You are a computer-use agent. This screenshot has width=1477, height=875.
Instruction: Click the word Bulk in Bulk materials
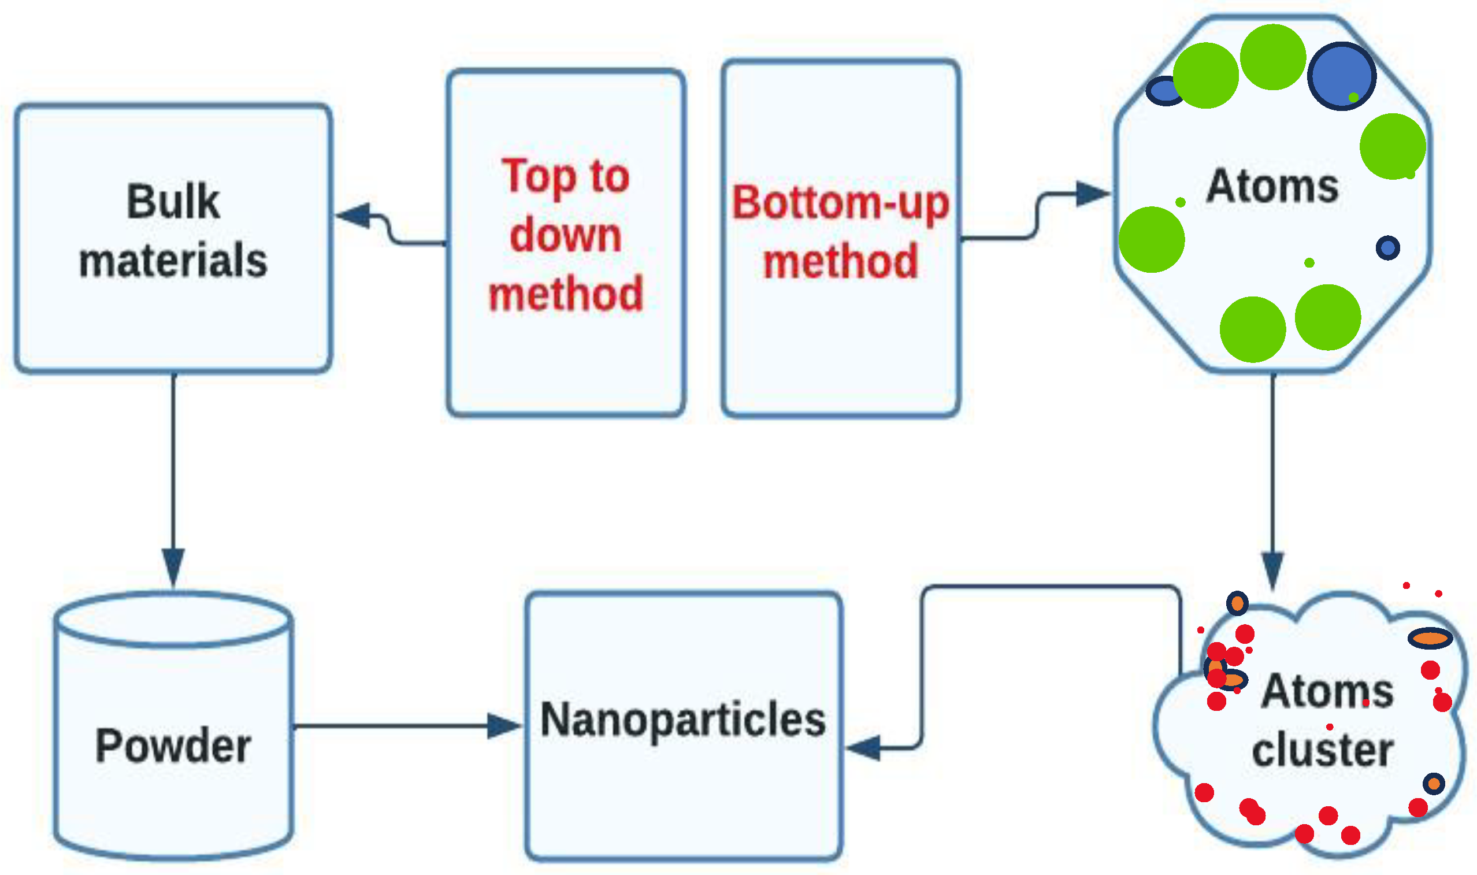173,202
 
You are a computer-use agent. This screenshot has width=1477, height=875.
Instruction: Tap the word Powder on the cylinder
173,746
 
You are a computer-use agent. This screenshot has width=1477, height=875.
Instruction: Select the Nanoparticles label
683,720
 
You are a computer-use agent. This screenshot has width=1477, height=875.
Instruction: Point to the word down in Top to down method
565,235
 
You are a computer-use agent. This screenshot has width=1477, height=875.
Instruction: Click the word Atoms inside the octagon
1272,186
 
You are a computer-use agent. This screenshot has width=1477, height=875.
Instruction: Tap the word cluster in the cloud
1322,750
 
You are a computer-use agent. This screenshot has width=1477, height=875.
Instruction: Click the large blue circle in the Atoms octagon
1341,76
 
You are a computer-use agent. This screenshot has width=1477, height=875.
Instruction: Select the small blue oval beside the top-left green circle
1163,91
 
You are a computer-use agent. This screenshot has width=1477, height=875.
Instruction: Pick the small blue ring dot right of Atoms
1388,247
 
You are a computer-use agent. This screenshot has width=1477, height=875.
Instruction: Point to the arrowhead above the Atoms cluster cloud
1272,570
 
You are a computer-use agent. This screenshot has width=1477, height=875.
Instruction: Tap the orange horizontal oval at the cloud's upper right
1430,638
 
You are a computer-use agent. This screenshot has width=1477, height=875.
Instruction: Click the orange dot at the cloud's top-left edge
1237,603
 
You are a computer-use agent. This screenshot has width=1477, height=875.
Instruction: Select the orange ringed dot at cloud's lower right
1434,784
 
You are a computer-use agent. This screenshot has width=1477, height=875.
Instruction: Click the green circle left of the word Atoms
1152,239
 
